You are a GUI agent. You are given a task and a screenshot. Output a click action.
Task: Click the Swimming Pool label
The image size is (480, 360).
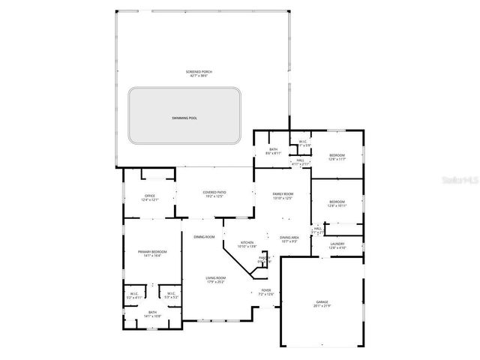(184, 118)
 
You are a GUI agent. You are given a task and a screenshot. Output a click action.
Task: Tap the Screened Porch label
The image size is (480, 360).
(199, 73)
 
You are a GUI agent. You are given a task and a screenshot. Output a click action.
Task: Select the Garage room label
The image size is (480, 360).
(322, 303)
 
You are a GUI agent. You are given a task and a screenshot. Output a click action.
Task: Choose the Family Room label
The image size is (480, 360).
(283, 196)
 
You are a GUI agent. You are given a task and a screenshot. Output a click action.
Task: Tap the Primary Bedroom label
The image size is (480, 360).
(151, 253)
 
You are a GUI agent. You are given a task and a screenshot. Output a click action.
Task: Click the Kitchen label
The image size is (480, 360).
(247, 244)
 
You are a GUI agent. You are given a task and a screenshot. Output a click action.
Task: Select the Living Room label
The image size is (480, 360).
(217, 280)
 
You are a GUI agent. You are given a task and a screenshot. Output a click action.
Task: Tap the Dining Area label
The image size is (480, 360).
(289, 239)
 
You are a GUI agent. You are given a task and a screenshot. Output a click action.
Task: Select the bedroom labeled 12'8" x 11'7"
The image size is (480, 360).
(337, 157)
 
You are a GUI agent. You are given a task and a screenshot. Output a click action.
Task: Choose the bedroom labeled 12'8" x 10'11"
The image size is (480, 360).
(337, 202)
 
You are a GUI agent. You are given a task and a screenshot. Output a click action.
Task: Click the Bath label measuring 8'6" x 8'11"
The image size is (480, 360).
(274, 151)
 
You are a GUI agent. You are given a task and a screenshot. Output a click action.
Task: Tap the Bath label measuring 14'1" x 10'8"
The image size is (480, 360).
(152, 314)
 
